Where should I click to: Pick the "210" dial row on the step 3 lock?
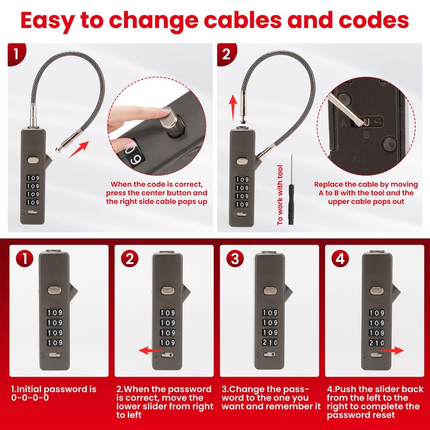click(270, 342)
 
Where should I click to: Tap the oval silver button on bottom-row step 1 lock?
click(55, 290)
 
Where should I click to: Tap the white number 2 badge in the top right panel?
click(226, 54)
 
